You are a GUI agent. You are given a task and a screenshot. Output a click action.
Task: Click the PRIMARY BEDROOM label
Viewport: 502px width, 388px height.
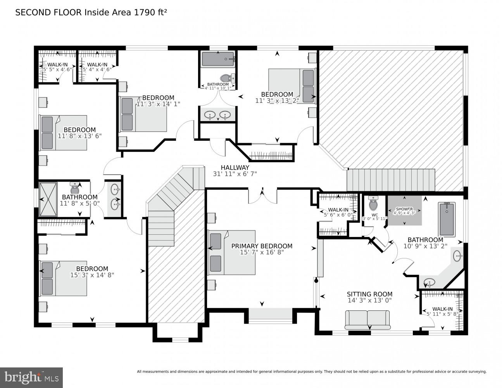(x=262, y=246)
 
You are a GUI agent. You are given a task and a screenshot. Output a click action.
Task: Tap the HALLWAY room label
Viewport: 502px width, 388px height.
(x=235, y=167)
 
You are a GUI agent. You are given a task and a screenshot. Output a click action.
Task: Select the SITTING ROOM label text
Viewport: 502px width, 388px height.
(x=369, y=294)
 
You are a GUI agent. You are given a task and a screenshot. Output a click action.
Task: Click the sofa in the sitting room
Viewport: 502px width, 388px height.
(x=367, y=319)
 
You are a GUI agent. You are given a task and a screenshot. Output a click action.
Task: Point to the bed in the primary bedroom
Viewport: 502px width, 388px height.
(x=232, y=253)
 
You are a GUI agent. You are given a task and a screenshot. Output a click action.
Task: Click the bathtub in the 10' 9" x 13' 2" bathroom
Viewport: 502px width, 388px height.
(x=447, y=219)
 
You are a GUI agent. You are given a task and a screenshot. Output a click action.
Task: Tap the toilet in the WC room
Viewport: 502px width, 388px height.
(x=373, y=203)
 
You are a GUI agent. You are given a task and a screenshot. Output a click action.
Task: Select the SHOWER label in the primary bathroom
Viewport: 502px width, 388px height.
(x=404, y=209)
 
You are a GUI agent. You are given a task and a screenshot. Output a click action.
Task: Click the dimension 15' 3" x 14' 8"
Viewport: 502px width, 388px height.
(x=92, y=275)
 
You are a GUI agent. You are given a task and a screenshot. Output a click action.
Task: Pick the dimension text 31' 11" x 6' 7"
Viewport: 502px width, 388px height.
(x=235, y=174)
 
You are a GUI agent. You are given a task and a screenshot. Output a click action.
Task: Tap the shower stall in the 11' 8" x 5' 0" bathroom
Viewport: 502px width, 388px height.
(x=48, y=199)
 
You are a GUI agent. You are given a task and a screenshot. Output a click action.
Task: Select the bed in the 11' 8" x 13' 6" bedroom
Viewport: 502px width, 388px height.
(x=64, y=133)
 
